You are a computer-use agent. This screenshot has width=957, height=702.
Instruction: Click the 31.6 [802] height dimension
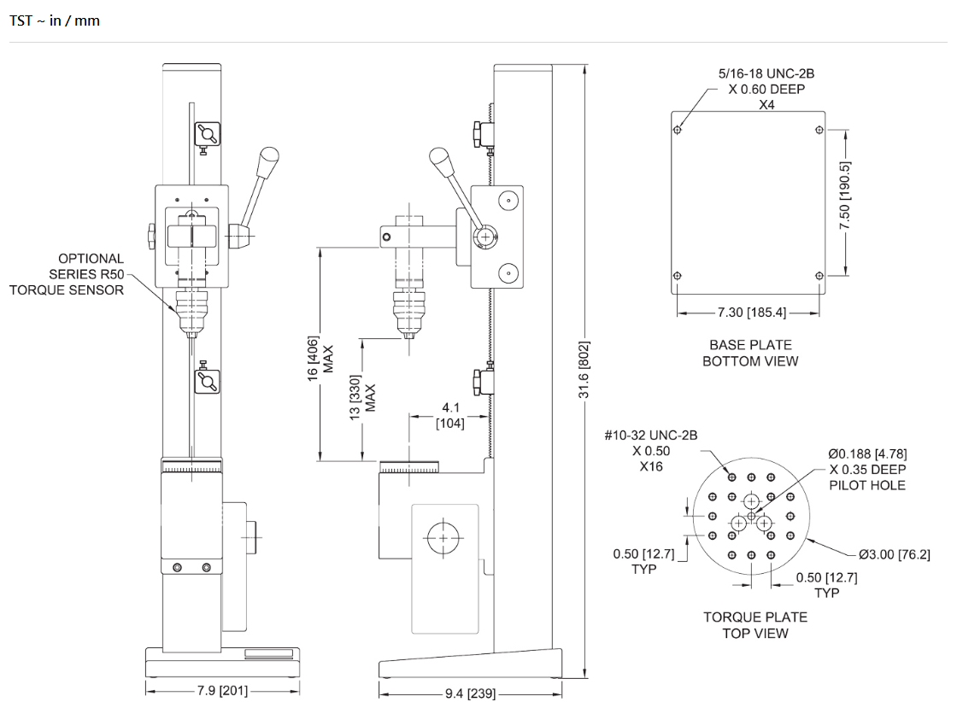[584, 370]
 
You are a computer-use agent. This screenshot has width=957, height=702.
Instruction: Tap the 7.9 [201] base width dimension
[222, 690]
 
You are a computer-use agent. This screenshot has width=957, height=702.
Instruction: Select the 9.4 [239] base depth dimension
[470, 693]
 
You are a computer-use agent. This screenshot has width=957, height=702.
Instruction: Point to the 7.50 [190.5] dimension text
[845, 196]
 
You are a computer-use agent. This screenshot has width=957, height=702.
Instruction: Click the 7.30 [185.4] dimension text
[751, 313]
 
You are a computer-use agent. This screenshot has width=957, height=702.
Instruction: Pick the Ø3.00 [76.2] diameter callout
[894, 554]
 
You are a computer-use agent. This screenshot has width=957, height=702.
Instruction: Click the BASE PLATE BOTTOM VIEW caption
[750, 353]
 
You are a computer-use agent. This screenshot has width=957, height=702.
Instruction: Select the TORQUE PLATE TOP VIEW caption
[755, 625]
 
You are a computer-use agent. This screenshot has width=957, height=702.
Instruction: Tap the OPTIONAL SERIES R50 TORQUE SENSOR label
[67, 274]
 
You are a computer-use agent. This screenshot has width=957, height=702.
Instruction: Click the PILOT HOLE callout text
[867, 485]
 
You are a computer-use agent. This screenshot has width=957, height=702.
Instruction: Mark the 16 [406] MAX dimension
[320, 359]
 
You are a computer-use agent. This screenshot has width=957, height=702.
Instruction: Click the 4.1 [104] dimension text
[450, 415]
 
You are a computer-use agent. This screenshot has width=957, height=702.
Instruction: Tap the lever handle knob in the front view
[268, 161]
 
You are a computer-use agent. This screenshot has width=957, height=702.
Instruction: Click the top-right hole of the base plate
[819, 130]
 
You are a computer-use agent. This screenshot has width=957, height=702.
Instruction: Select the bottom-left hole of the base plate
[677, 276]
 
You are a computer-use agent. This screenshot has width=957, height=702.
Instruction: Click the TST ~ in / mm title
[55, 20]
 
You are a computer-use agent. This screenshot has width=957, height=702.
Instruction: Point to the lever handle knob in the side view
[441, 161]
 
